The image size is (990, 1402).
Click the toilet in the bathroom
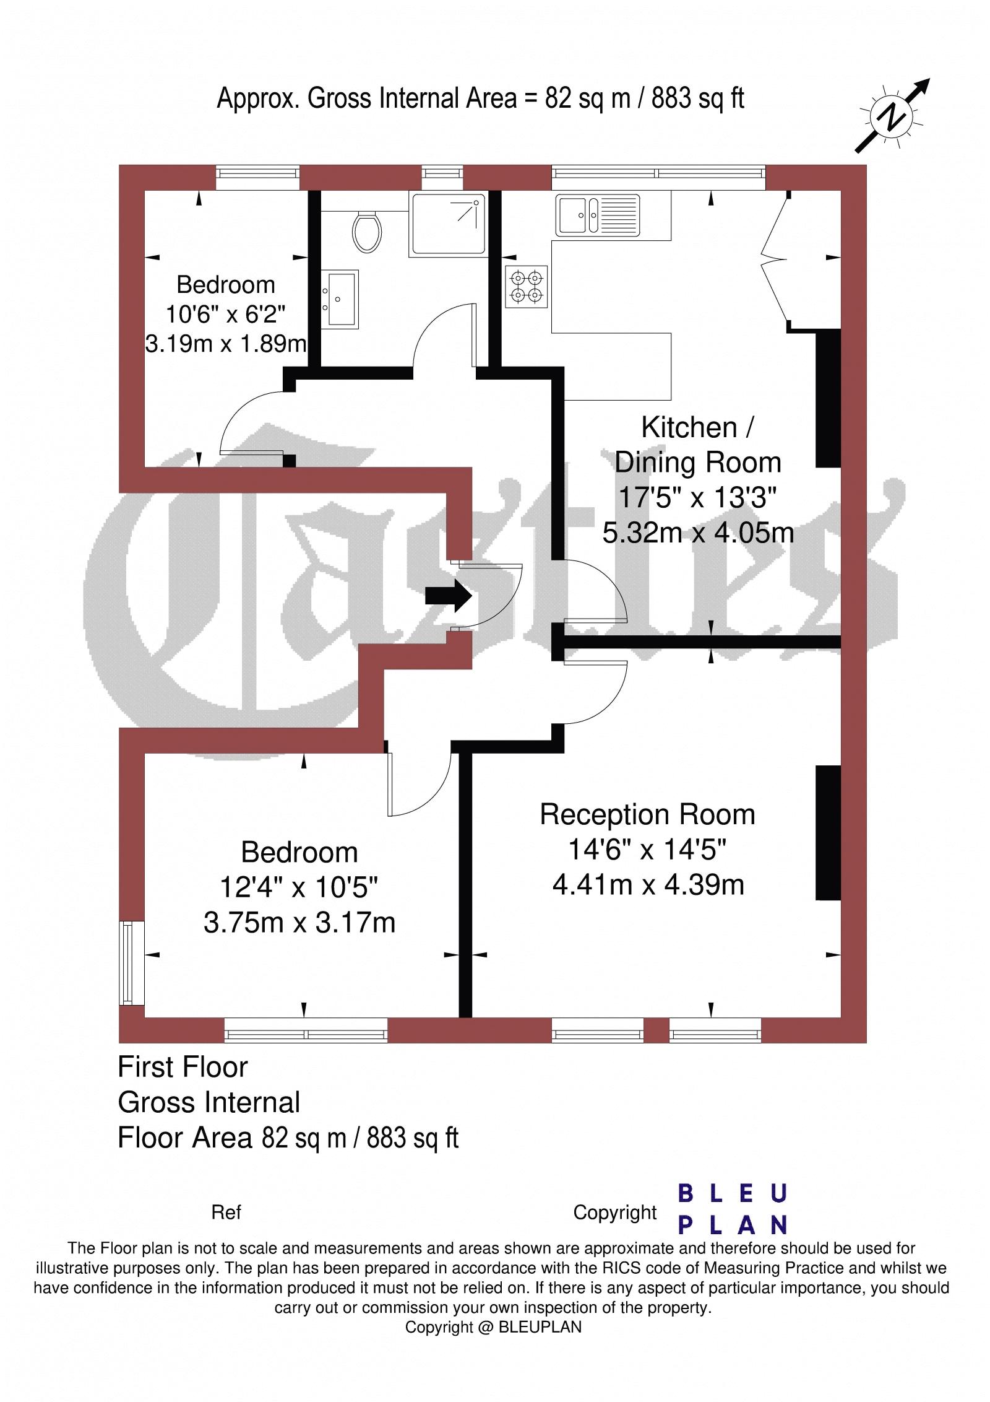pos(366,230)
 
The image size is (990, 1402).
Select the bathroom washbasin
pos(340,298)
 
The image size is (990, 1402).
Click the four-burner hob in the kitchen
pos(527,287)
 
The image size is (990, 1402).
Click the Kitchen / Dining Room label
pos(697,445)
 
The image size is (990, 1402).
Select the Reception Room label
pos(647,814)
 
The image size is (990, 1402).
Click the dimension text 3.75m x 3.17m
pos(299,923)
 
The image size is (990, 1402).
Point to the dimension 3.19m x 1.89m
pos(226,343)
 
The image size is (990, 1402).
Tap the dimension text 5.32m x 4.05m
pos(698,533)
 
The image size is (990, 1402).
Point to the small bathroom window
pos(442,178)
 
